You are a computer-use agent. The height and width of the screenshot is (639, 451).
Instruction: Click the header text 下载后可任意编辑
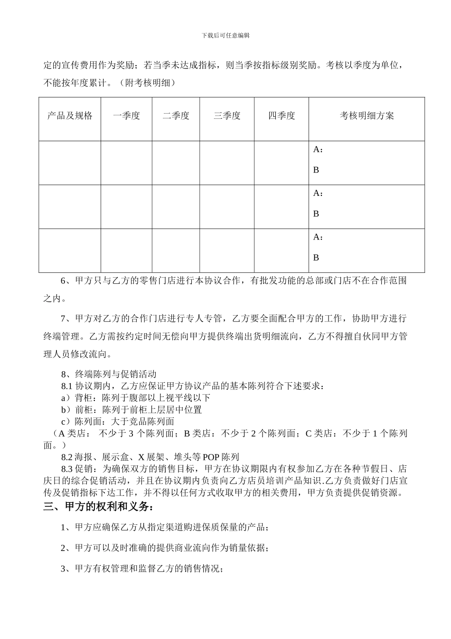click(225, 35)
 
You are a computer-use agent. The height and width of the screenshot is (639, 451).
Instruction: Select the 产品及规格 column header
click(70, 116)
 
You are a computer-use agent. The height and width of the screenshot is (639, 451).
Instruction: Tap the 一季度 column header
click(126, 116)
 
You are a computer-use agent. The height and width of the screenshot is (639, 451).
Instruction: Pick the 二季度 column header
click(176, 116)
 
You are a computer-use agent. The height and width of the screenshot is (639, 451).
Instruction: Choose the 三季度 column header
click(227, 116)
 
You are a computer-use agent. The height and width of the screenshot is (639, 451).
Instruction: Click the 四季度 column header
click(282, 116)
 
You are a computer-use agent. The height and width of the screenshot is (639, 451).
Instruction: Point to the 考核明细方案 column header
click(366, 116)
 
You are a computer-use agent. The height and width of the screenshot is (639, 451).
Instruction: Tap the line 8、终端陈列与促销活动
click(109, 375)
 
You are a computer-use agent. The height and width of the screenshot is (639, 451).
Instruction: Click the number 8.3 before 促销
click(67, 469)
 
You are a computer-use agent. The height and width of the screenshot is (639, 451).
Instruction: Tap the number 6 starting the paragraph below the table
click(64, 281)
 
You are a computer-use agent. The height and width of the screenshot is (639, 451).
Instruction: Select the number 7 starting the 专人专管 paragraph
click(64, 319)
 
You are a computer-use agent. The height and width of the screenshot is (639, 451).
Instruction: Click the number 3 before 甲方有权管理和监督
click(64, 569)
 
